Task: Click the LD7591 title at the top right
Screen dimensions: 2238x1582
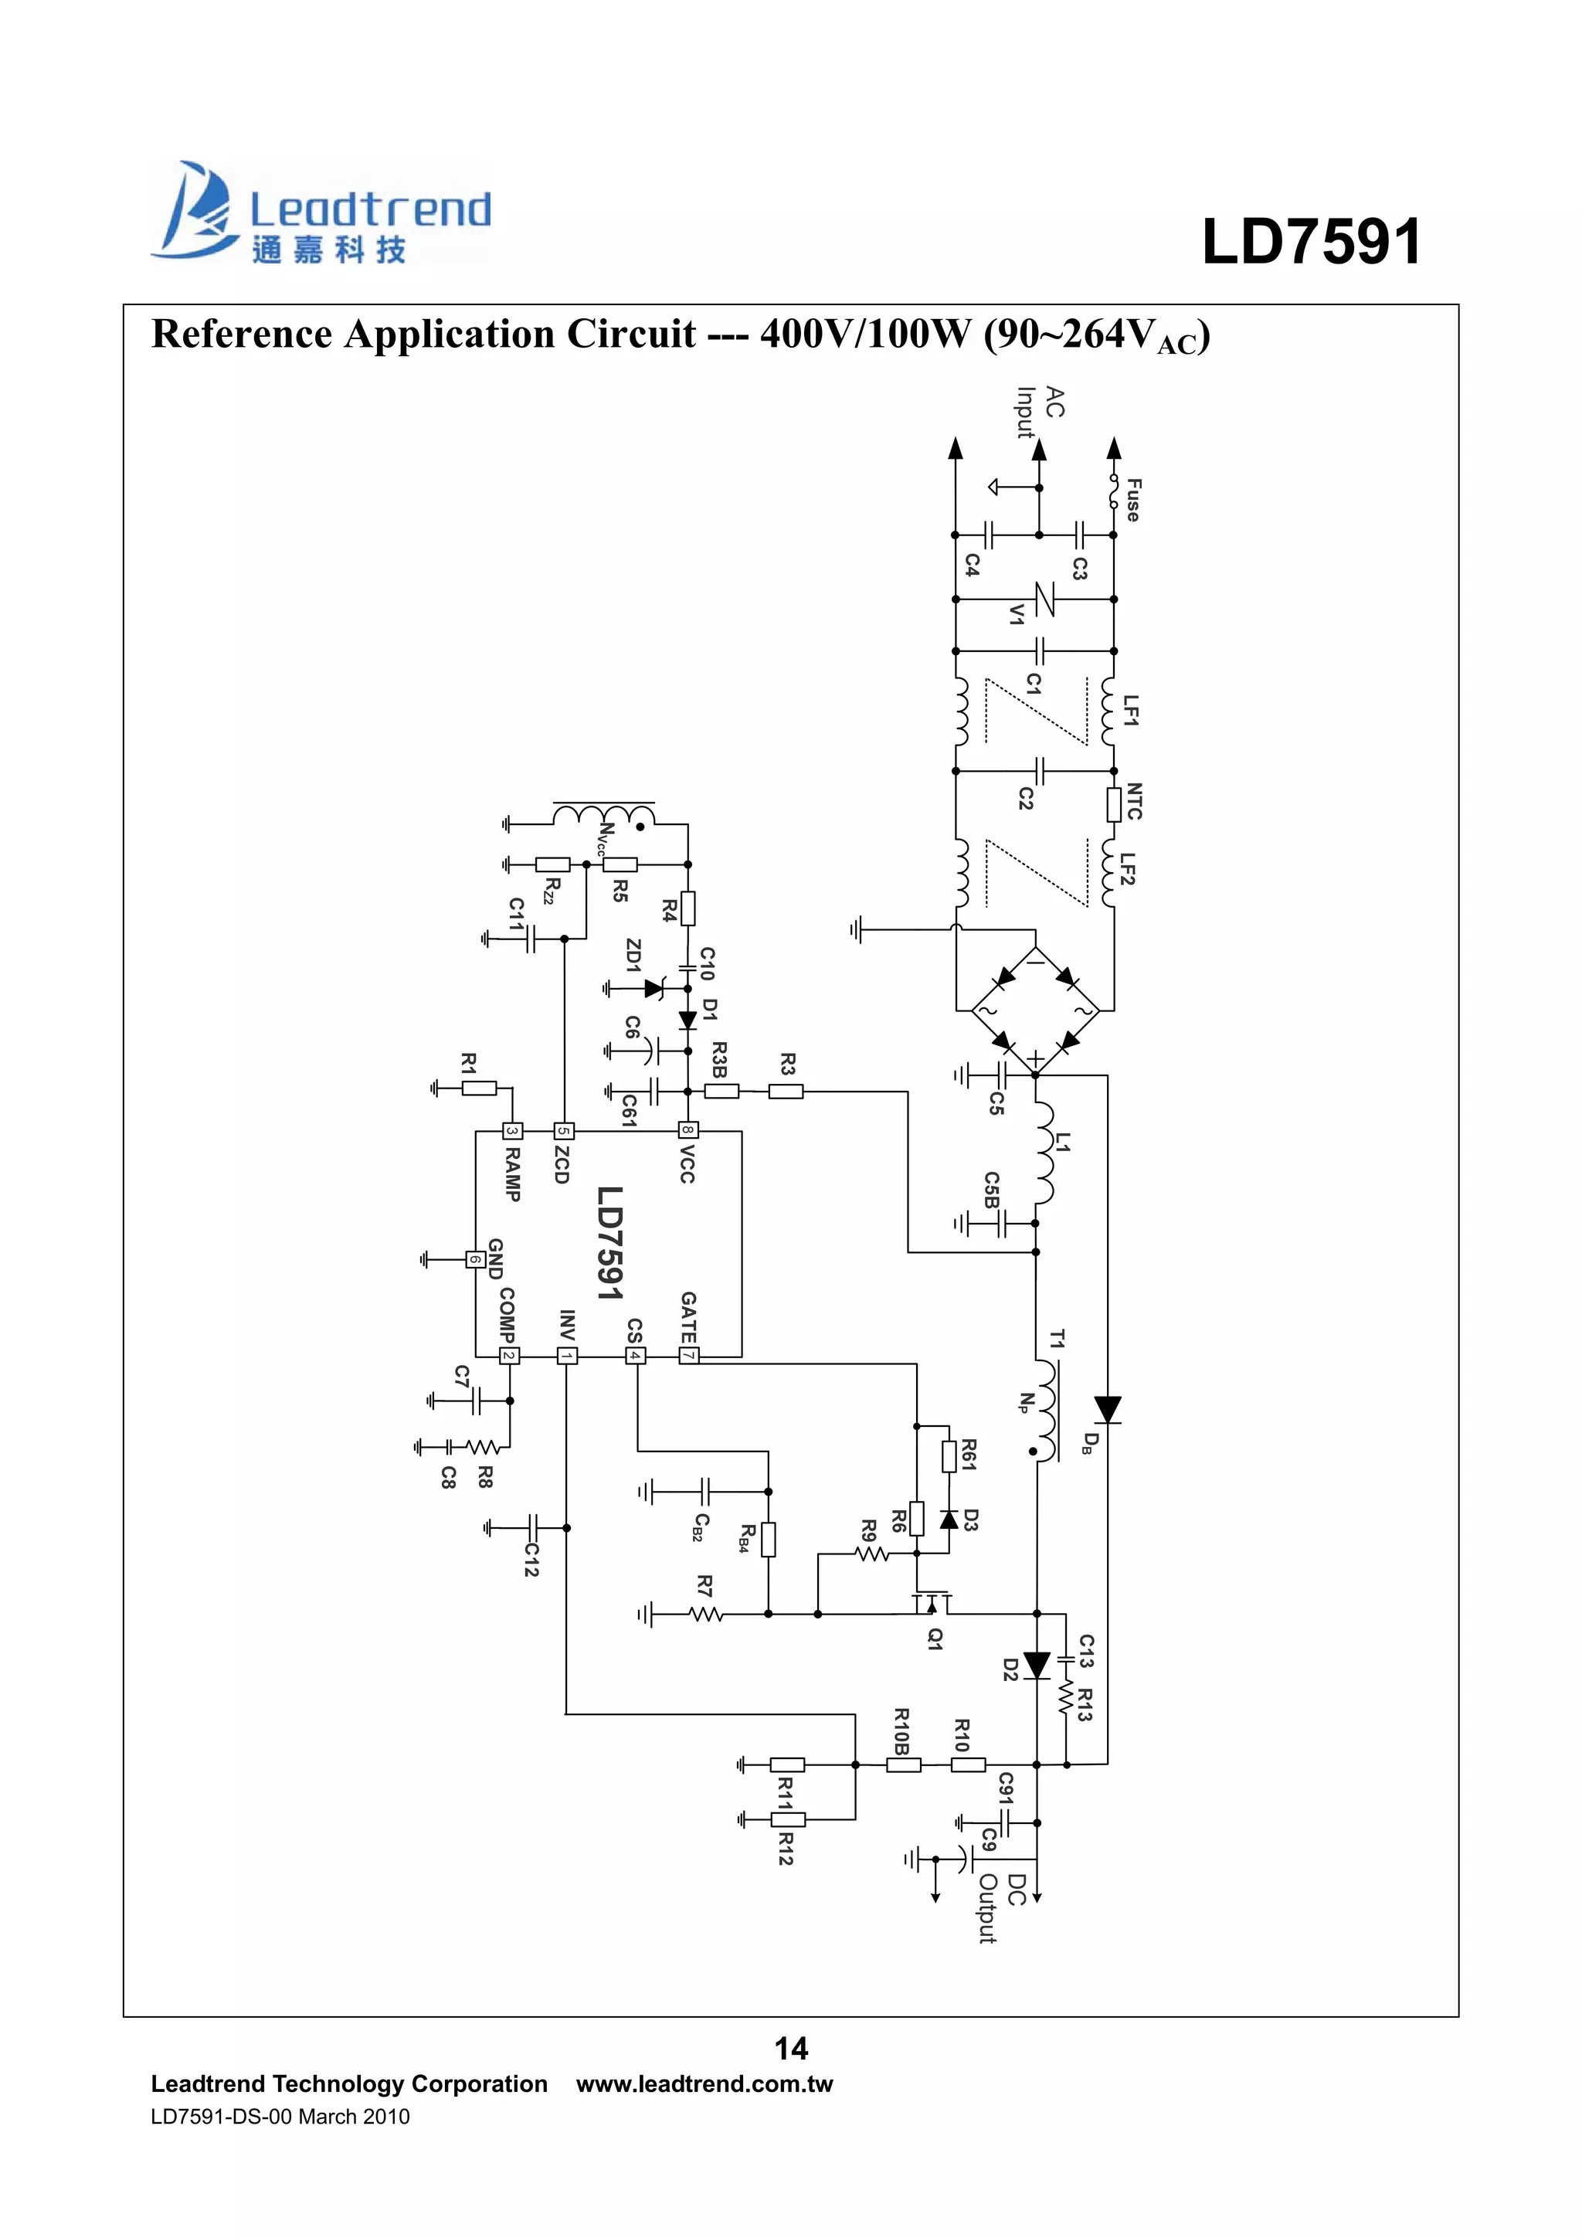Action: tap(1311, 241)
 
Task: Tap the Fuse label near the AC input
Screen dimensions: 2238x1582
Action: tap(1132, 499)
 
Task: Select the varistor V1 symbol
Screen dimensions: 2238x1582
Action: tap(1043, 599)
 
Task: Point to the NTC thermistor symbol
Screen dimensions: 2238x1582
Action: tap(1114, 804)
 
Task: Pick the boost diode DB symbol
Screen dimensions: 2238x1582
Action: tap(1107, 1410)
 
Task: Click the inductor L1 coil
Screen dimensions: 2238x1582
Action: tap(1043, 1155)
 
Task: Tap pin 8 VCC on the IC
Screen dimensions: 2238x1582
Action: tap(688, 1131)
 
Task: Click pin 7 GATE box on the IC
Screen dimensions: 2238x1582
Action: tap(688, 1355)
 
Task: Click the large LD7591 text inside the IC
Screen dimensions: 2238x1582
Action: tap(609, 1243)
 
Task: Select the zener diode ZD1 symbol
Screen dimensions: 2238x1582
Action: tap(655, 988)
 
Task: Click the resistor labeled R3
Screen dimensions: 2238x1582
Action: tap(786, 1092)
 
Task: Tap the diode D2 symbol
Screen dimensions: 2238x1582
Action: tap(1037, 1665)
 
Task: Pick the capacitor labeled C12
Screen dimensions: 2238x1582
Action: tap(532, 1527)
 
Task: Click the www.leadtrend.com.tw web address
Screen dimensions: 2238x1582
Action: tap(704, 2084)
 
